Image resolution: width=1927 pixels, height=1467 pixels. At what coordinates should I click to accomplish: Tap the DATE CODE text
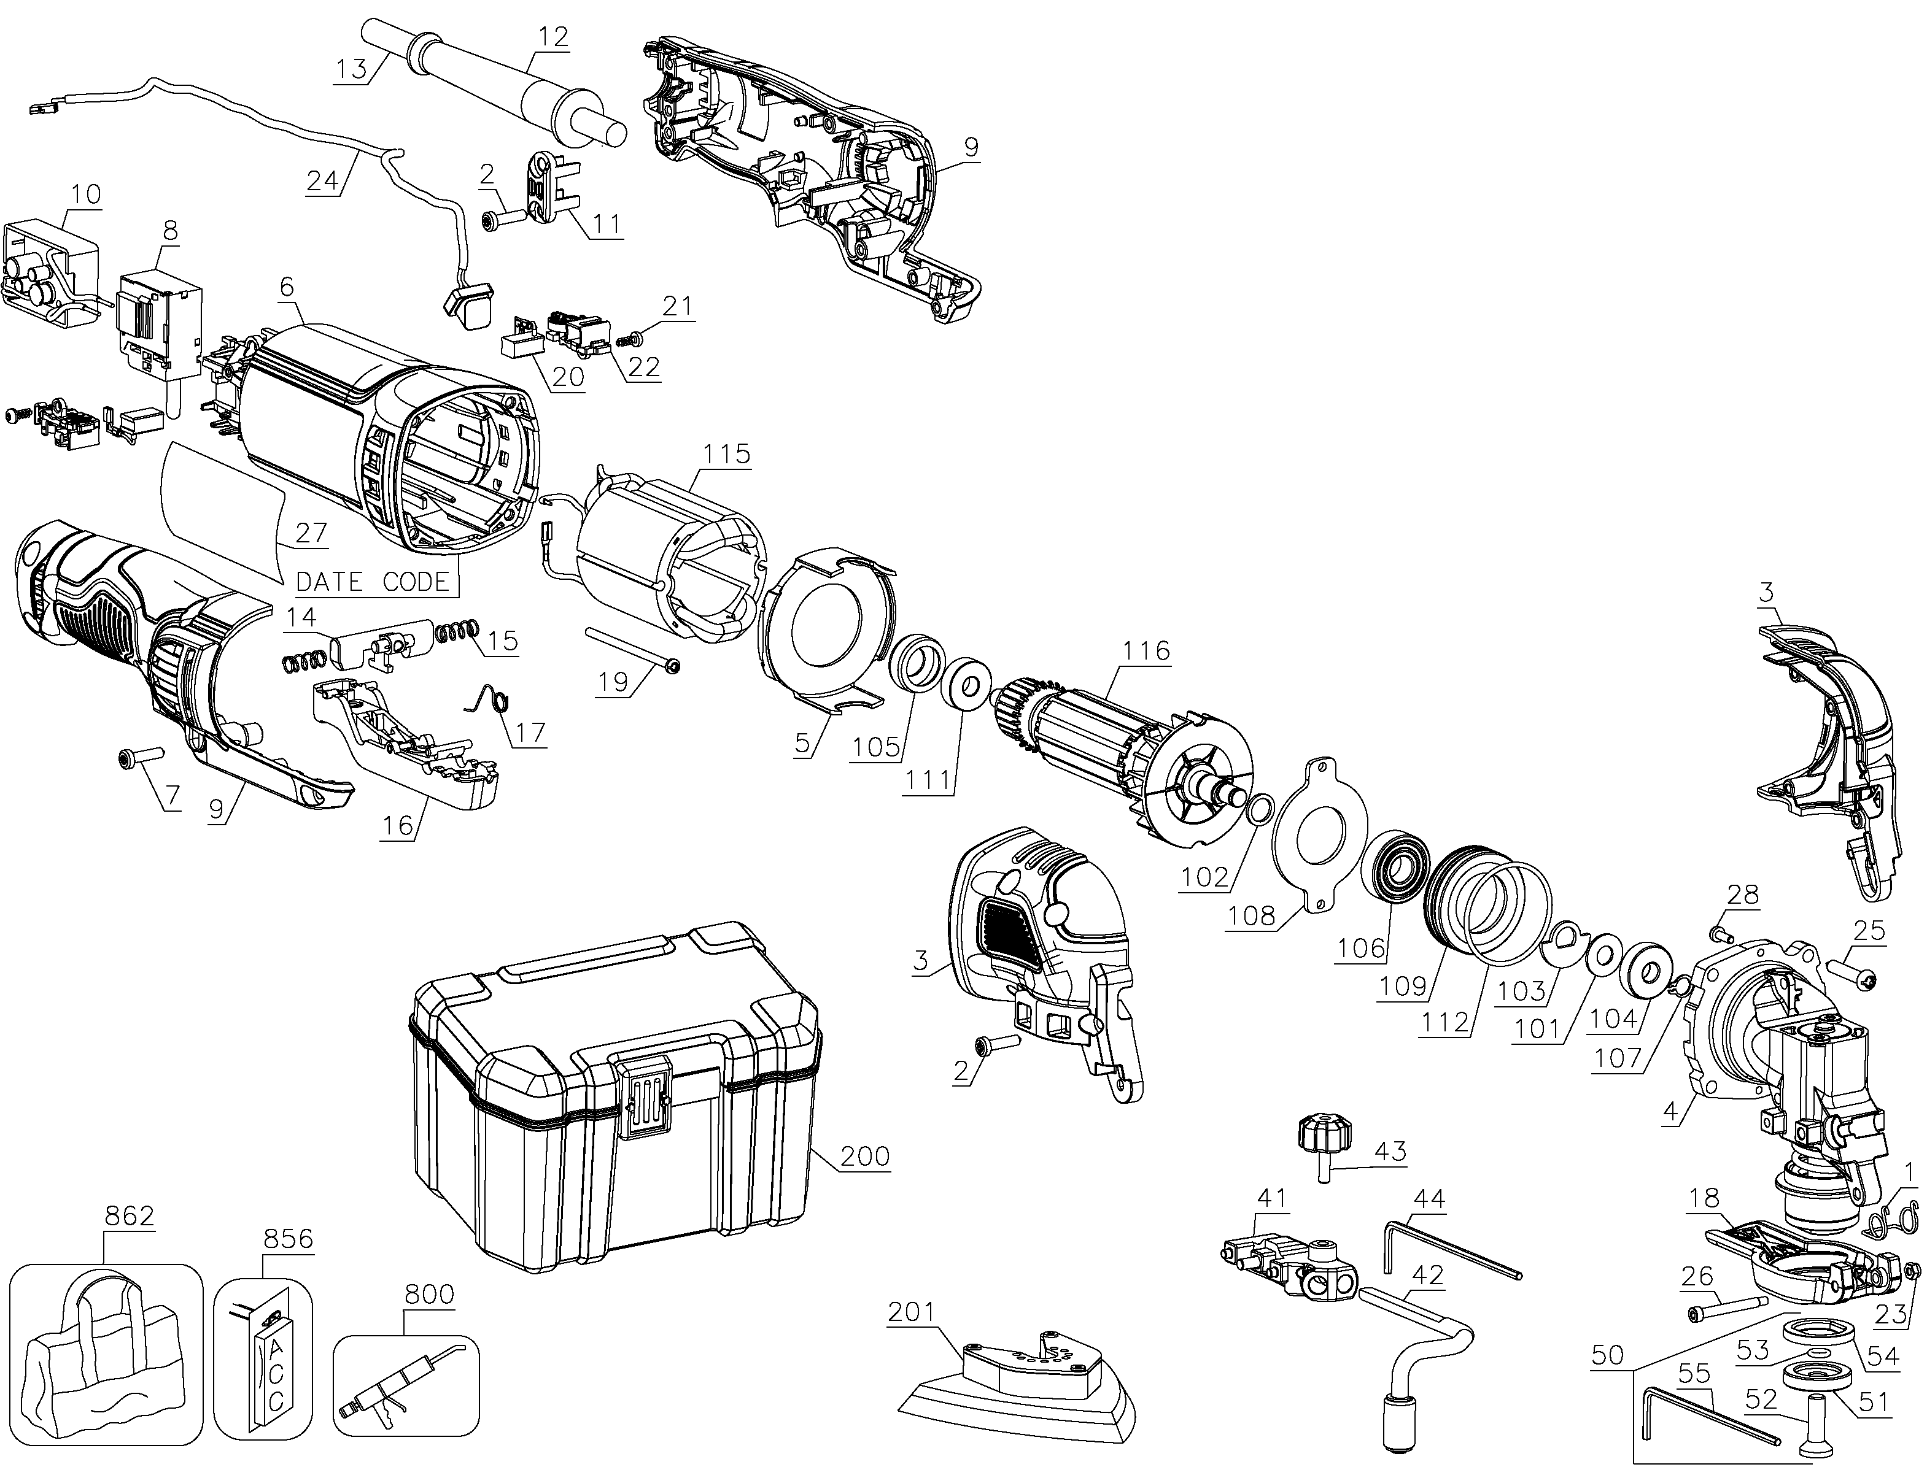click(x=373, y=582)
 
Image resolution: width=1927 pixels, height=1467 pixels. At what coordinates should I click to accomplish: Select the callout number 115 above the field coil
click(x=727, y=454)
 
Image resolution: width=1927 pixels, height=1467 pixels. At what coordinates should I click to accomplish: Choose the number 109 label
click(x=1404, y=987)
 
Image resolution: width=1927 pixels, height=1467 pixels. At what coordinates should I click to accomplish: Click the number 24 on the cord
click(x=322, y=180)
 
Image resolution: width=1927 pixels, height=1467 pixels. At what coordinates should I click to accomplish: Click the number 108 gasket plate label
click(x=1251, y=917)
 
